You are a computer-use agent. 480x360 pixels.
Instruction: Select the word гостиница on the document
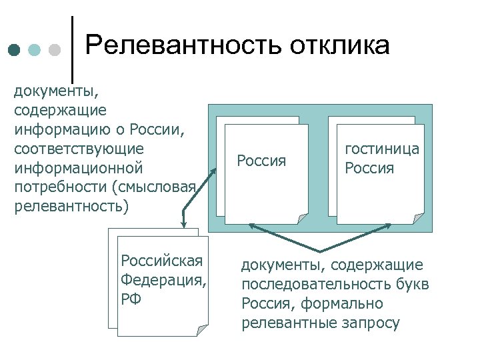coord(382,149)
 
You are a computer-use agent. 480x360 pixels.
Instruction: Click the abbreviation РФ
coord(131,298)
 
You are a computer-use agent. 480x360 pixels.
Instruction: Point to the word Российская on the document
coord(161,260)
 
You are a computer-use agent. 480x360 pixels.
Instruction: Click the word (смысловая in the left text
coord(164,187)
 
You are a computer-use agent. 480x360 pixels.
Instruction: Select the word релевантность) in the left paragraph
coord(70,206)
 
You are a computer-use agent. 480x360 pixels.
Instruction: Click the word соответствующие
coord(79,146)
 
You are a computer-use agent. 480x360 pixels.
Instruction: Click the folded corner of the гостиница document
coord(418,218)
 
